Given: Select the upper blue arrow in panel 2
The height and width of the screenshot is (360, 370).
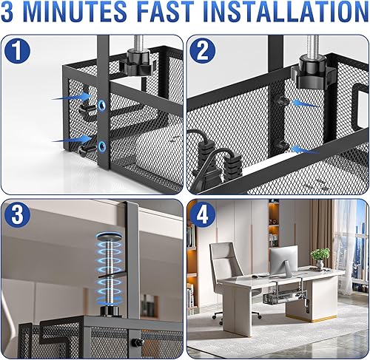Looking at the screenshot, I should (x=306, y=103).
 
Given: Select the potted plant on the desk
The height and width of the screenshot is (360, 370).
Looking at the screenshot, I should (x=320, y=257).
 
